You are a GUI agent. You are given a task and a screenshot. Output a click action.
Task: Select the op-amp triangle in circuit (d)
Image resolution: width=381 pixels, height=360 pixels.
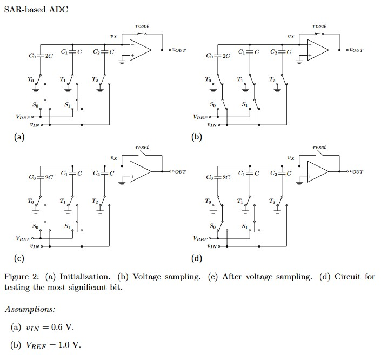317,172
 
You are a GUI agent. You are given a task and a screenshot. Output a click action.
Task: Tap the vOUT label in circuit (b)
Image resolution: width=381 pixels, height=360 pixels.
355,50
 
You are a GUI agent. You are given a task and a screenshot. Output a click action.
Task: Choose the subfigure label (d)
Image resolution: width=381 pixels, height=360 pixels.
197,258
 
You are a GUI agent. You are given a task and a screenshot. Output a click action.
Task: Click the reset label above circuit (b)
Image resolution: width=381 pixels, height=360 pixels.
319,25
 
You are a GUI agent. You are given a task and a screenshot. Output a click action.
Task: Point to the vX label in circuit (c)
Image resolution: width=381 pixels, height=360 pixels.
113,158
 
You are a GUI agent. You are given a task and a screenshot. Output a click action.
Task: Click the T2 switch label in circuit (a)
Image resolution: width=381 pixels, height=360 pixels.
95,79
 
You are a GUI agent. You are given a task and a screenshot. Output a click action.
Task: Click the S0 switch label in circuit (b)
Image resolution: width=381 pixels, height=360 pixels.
212,104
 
